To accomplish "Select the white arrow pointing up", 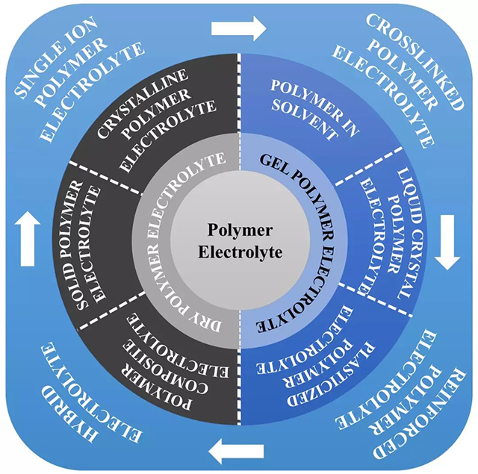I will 27,237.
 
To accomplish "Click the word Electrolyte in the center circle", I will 240,252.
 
